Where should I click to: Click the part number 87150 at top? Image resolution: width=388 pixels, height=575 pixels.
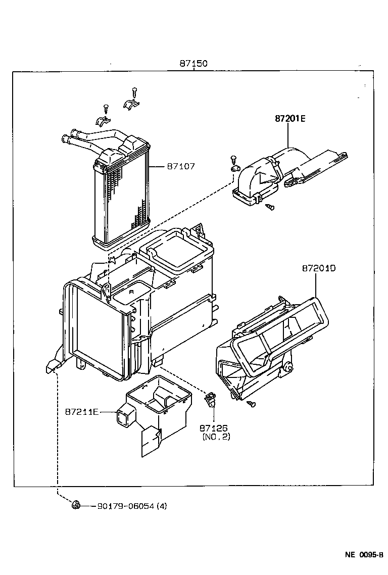[193, 64]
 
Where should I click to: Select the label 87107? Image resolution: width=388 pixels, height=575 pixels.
[181, 166]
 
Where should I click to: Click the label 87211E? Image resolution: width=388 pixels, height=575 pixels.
[81, 412]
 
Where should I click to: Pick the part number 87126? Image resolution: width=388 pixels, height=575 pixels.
[214, 427]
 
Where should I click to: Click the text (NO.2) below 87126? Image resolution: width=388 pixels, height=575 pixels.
[216, 437]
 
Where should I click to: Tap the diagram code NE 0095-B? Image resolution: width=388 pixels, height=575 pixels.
[363, 555]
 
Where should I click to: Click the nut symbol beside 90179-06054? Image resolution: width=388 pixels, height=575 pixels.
[75, 504]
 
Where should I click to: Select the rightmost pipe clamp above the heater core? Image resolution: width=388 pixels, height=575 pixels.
[131, 103]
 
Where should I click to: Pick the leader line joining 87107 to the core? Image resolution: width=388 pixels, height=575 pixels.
[157, 166]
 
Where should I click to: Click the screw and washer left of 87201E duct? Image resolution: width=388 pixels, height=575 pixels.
[234, 161]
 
